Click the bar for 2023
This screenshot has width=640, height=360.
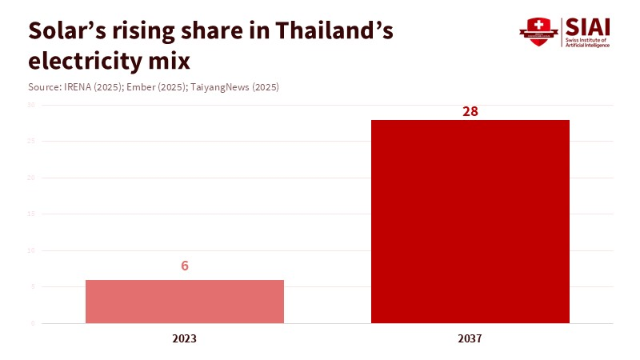(184, 302)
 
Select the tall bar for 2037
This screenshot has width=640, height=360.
(470, 222)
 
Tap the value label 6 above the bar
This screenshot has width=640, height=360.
(185, 266)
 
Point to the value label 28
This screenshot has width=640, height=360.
(470, 111)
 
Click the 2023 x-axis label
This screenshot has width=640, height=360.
(184, 338)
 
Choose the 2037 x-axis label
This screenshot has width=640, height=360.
(470, 338)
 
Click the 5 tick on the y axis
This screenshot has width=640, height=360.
(32, 287)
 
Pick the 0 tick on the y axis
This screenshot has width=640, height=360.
(32, 323)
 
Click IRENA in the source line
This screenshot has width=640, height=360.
(78, 86)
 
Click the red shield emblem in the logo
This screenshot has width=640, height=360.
(538, 31)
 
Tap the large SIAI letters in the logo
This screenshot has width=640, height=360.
(588, 26)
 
